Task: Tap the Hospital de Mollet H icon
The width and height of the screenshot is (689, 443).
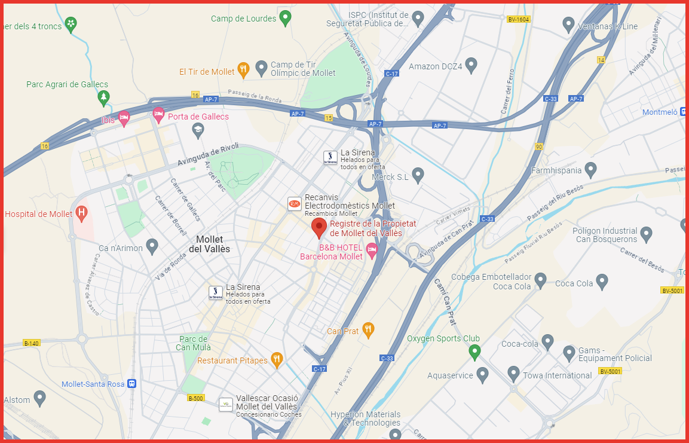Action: click(81, 213)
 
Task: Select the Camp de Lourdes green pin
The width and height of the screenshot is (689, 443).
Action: click(286, 18)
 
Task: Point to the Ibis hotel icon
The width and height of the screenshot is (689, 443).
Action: click(124, 118)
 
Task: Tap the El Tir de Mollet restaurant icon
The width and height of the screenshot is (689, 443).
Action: click(243, 71)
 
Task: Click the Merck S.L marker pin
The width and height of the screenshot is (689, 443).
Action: click(418, 175)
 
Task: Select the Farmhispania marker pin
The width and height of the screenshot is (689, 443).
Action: click(590, 170)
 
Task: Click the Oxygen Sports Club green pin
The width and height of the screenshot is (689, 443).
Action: click(474, 351)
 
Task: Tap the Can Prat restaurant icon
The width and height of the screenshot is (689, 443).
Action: click(368, 329)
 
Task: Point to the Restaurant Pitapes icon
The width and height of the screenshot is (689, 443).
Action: click(276, 359)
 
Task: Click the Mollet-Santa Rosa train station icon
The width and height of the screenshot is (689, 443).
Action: click(131, 384)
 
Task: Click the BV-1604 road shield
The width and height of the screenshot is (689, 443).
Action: click(518, 20)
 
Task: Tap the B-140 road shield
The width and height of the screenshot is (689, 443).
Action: click(31, 343)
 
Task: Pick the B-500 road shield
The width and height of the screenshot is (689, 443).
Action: click(195, 398)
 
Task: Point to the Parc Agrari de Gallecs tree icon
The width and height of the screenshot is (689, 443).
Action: click(105, 96)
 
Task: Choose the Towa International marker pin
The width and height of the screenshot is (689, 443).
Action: click(513, 374)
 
